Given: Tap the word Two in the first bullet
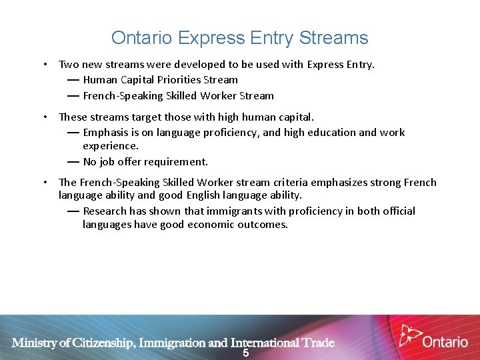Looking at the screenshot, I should click(69, 65).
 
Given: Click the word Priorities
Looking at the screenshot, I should click(177, 80).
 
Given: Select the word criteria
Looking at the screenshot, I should click(296, 183).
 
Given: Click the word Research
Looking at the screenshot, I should click(105, 211).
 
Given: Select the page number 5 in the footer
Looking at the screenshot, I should click(245, 353).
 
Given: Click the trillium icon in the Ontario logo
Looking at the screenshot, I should click(409, 335).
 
